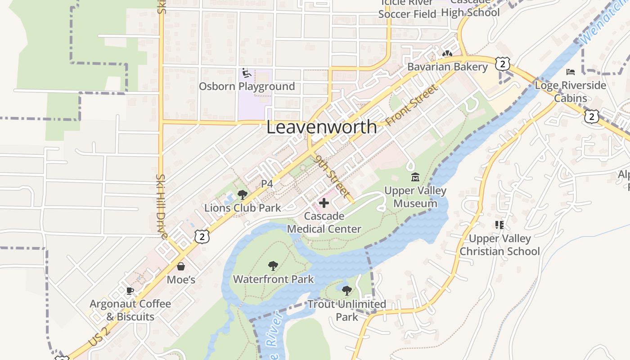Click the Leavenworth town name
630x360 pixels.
(321, 127)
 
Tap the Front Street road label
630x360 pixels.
(411, 105)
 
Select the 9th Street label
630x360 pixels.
(333, 176)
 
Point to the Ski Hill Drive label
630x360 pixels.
(162, 206)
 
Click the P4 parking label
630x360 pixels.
(267, 184)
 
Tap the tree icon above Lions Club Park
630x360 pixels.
(242, 195)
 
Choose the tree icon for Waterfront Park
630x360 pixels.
(273, 266)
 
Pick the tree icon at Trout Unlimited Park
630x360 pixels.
(346, 291)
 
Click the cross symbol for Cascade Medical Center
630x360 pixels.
(324, 203)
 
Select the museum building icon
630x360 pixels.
(415, 177)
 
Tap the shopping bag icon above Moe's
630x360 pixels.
(181, 266)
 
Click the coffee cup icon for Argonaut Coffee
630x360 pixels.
(130, 291)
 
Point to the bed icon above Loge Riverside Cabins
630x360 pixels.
(571, 72)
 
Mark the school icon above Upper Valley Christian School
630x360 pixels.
(499, 225)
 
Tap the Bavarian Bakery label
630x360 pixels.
(447, 67)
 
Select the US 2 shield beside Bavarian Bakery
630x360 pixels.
(502, 64)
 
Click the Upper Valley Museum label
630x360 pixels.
(415, 197)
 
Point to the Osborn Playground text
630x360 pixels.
(247, 86)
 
